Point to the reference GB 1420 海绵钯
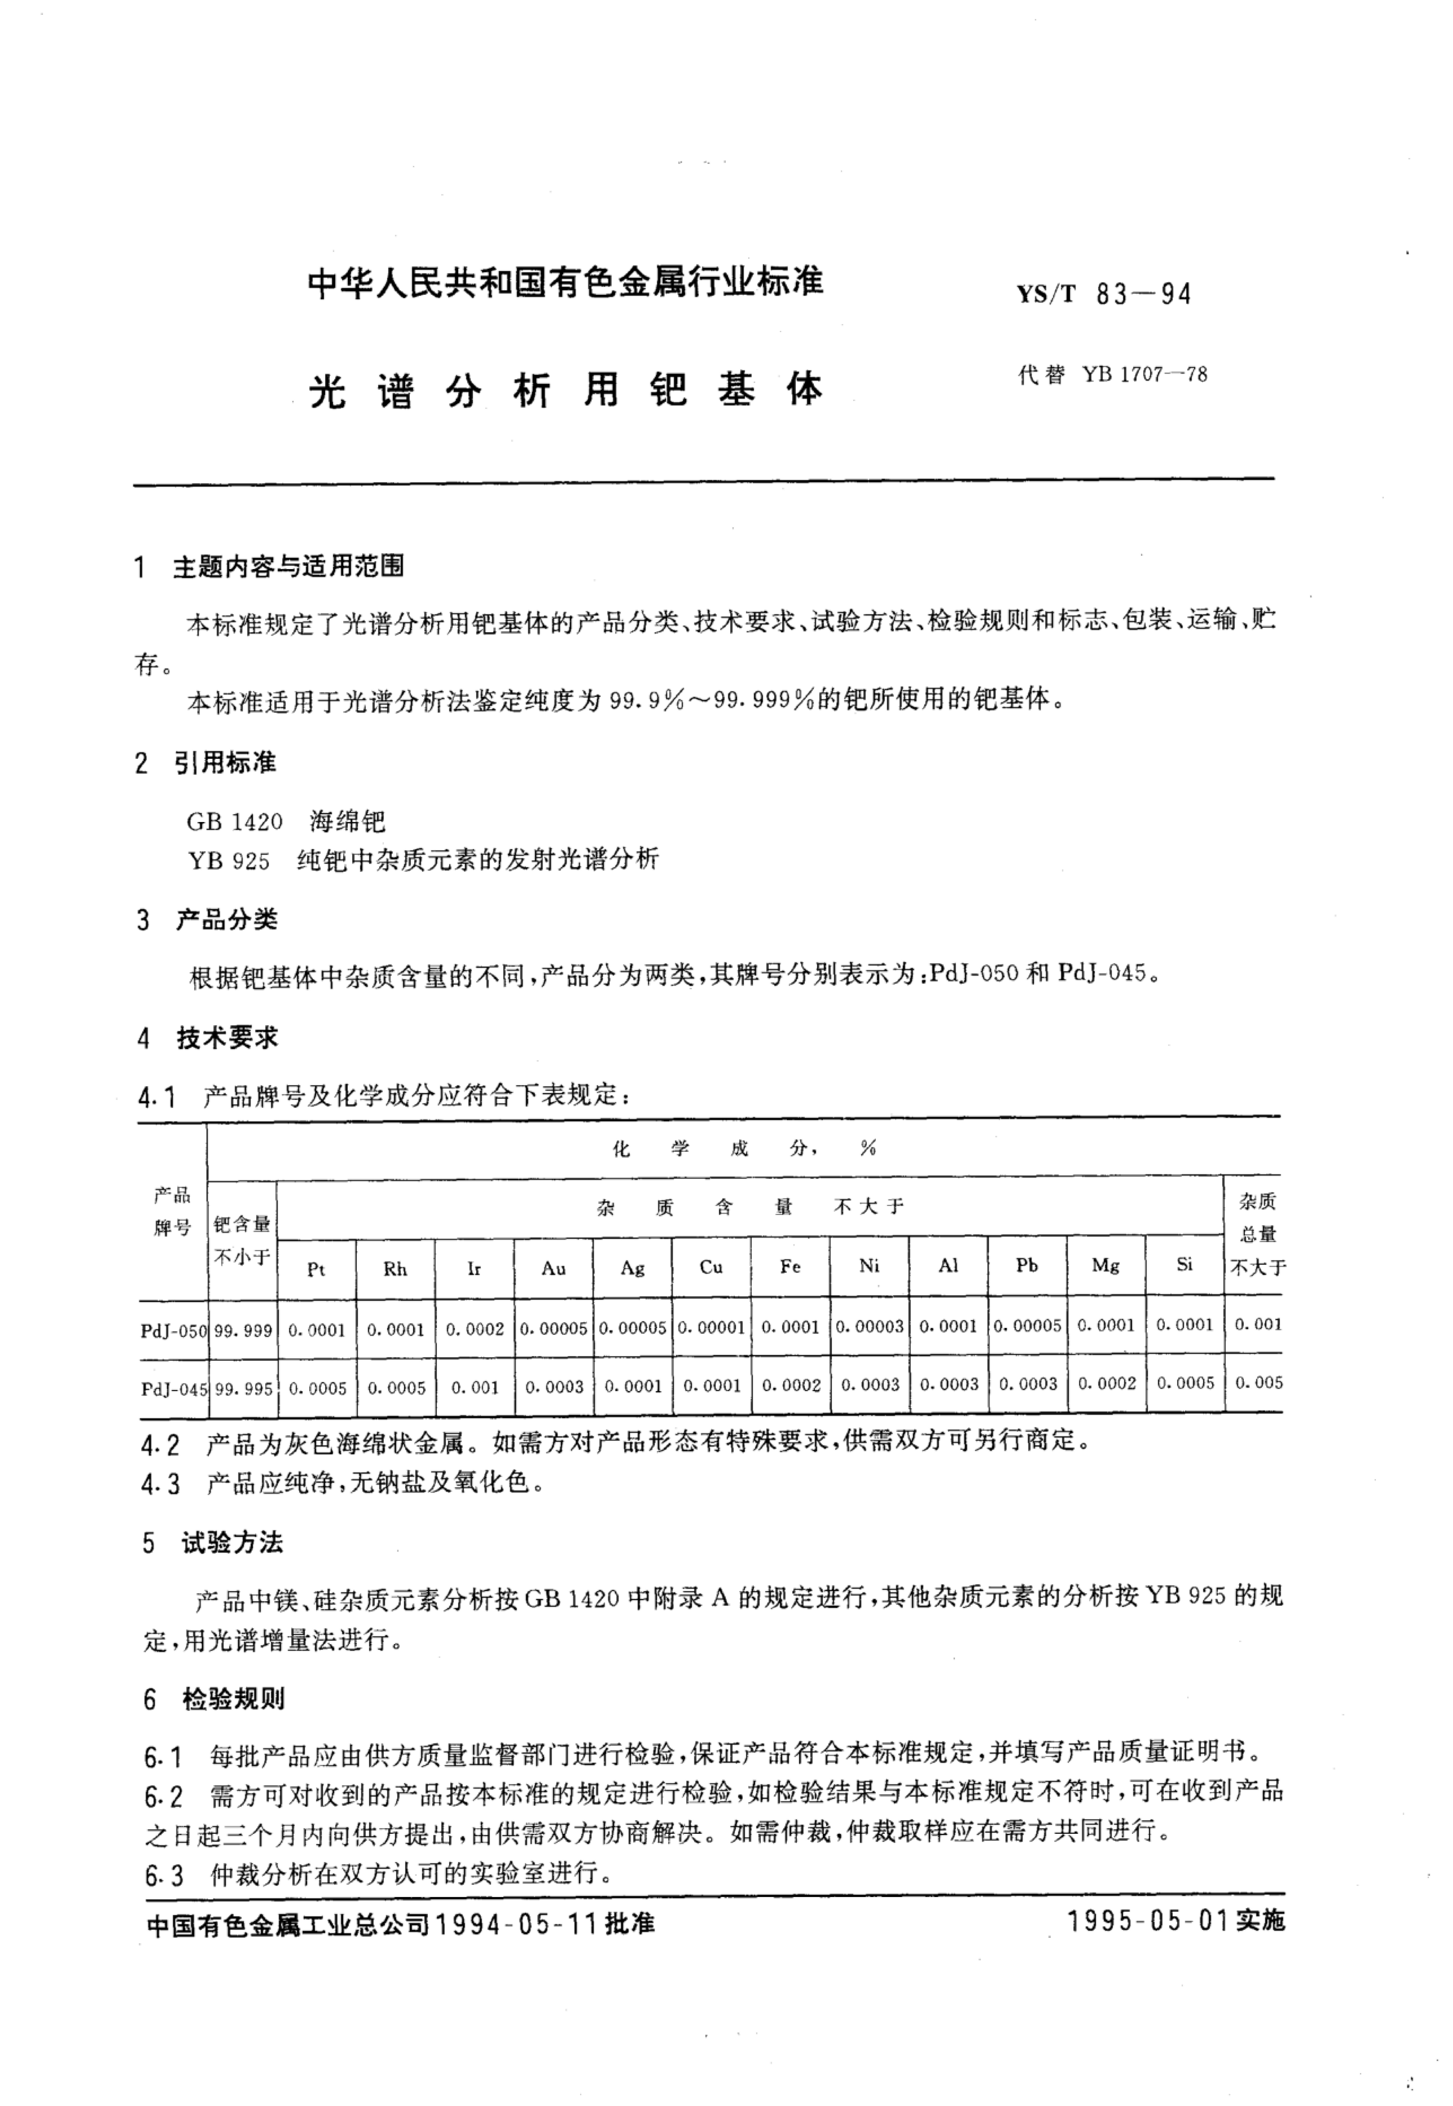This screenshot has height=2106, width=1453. [286, 821]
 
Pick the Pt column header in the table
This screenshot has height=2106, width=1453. [316, 1268]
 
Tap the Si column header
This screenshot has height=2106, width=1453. [1184, 1265]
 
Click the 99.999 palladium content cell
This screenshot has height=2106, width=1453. [243, 1330]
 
